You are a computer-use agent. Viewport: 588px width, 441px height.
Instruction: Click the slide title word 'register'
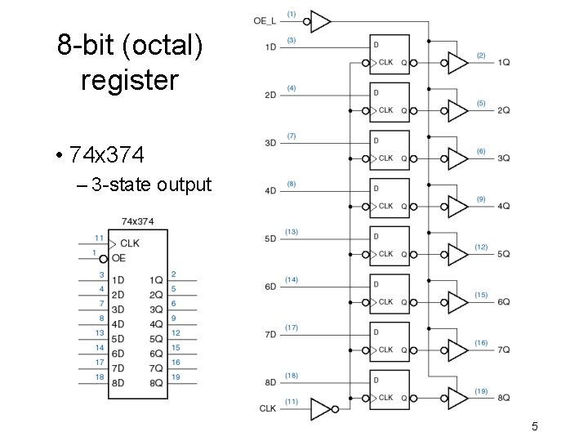129,80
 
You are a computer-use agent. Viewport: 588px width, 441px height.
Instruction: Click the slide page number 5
534,425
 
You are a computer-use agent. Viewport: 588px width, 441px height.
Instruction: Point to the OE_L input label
265,20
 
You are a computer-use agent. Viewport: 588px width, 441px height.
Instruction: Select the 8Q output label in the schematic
504,398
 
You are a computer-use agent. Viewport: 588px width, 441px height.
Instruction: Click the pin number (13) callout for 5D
292,232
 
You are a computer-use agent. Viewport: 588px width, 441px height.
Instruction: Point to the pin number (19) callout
481,391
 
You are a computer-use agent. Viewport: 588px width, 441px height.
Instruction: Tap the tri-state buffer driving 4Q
457,206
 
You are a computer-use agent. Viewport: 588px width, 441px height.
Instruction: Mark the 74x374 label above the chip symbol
137,221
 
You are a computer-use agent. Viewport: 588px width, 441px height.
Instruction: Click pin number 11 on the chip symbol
99,237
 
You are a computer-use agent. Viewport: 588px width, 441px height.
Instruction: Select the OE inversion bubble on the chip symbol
104,258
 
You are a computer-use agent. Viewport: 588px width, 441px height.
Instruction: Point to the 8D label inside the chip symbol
118,383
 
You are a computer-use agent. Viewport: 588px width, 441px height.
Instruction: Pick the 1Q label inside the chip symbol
156,280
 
